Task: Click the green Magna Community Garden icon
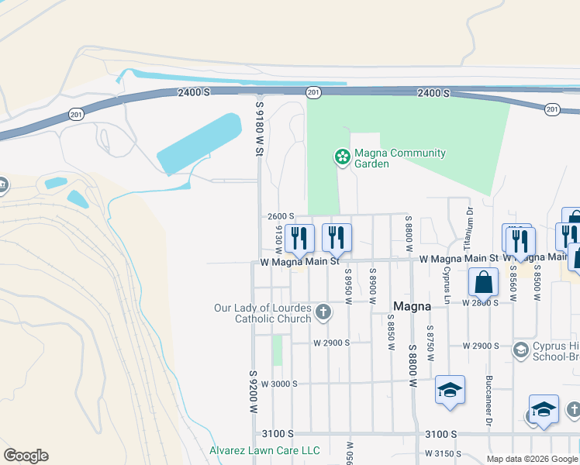pos(341,157)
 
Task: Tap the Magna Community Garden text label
pos(399,158)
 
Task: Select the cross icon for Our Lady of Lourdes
pos(323,313)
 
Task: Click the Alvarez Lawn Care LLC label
pos(264,450)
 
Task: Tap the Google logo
pos(26,456)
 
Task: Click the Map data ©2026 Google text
pos(532,459)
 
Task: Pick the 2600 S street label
pos(281,216)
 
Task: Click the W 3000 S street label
pos(279,384)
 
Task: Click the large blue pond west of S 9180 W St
pos(200,144)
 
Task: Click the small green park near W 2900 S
pos(277,350)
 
